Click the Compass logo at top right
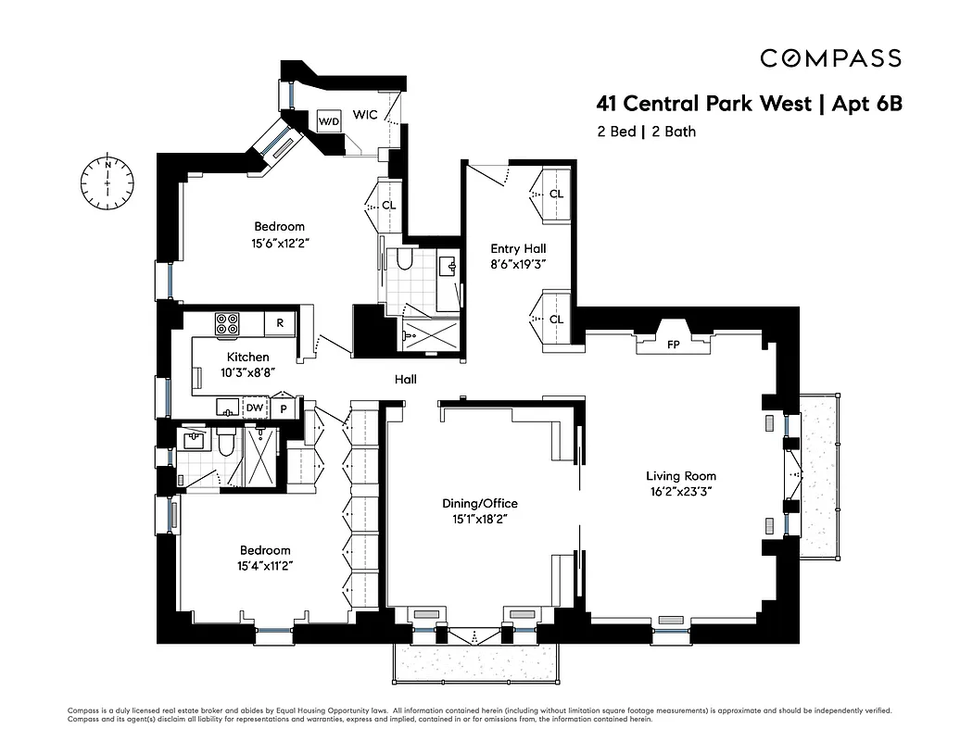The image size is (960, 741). [830, 58]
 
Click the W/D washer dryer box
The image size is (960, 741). [329, 121]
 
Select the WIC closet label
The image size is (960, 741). [364, 115]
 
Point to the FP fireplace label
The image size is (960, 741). [674, 345]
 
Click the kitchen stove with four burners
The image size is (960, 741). [227, 323]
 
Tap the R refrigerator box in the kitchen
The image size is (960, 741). [279, 323]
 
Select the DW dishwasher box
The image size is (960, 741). [254, 407]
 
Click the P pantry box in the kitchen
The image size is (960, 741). [282, 407]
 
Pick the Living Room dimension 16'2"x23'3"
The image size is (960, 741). [681, 493]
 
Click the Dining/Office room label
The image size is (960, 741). [479, 503]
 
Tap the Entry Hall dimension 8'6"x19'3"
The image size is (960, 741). [519, 265]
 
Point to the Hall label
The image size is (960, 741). [405, 380]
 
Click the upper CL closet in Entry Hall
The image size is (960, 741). [556, 195]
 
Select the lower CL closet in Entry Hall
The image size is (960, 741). [556, 320]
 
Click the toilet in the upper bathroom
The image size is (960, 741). [403, 259]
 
